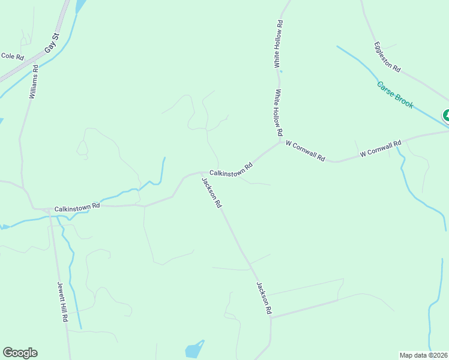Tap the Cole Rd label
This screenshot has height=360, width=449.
(x=12, y=56)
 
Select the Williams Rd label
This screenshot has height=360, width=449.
(x=34, y=82)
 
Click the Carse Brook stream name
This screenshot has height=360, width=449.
(x=395, y=95)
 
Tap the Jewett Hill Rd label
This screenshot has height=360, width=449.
(x=62, y=302)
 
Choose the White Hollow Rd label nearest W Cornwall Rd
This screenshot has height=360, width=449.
(x=279, y=112)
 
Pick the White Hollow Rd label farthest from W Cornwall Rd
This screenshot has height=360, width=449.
(x=279, y=44)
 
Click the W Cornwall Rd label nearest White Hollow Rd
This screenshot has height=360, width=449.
(x=306, y=151)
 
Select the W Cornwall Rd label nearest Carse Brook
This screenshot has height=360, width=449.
(x=380, y=149)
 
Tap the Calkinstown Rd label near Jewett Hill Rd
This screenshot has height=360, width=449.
(x=77, y=208)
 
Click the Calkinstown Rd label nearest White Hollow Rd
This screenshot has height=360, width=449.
(x=231, y=169)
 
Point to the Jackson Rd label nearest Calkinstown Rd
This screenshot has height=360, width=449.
(x=212, y=193)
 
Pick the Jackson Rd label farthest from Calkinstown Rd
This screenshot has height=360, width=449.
(x=264, y=298)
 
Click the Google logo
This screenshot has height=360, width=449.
(x=20, y=353)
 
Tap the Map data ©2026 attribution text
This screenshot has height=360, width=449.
(x=423, y=355)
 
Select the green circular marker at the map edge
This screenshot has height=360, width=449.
(x=447, y=116)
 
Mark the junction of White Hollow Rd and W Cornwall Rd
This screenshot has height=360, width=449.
(x=280, y=141)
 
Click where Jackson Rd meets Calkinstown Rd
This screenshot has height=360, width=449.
(x=200, y=173)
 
